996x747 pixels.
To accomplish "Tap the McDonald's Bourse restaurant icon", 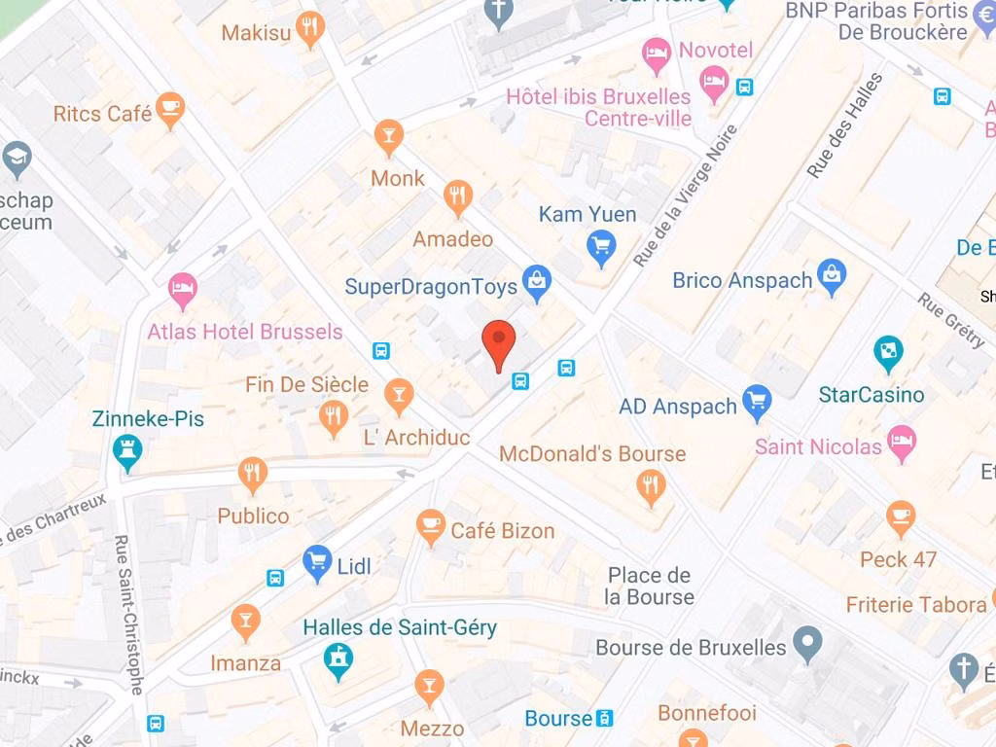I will coord(651,484).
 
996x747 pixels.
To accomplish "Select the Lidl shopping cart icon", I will coord(317,562).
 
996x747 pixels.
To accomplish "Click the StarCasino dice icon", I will coord(887,353).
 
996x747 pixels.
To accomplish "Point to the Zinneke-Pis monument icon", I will coord(127,451).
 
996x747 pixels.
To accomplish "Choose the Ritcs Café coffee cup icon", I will coord(170,110).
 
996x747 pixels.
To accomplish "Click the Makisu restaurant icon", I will coord(309,29).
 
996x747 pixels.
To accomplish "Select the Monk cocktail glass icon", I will coord(388,136).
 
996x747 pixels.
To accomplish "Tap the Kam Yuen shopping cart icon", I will coord(602,247).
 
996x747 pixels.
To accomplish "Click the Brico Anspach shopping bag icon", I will coord(832,277).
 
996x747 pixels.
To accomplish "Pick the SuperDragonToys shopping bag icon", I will coord(536,282).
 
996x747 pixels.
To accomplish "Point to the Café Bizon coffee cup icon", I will coord(429,526).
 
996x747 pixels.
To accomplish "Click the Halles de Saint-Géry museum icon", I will coord(338,659).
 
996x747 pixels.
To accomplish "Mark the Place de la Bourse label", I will coord(649,586).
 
